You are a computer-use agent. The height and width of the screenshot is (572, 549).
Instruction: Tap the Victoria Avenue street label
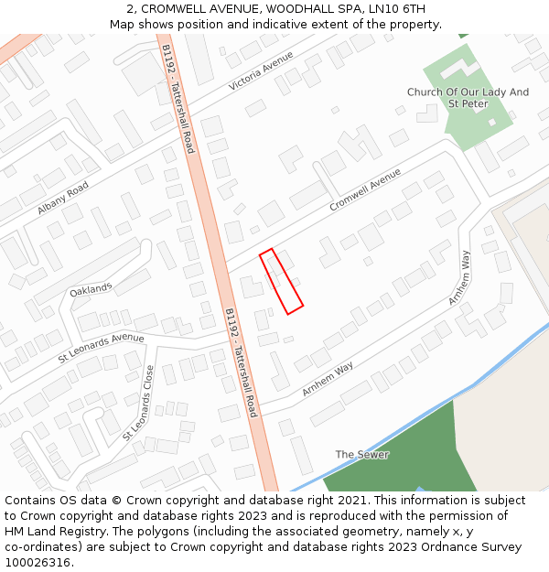pyautogui.click(x=262, y=70)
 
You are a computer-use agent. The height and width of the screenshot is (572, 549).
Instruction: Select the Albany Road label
pyautogui.click(x=63, y=199)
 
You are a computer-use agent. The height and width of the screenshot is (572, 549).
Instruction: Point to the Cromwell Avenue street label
pyautogui.click(x=365, y=190)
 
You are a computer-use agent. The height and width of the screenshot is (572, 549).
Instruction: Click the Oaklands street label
pyautogui.click(x=91, y=290)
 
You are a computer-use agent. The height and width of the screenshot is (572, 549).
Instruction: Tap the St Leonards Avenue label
pyautogui.click(x=102, y=349)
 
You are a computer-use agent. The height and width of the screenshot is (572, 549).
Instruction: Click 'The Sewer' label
pyautogui.click(x=361, y=455)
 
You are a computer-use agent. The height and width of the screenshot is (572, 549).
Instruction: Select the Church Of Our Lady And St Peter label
pyautogui.click(x=468, y=98)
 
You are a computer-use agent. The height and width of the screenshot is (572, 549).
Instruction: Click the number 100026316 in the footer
pyautogui.click(x=38, y=562)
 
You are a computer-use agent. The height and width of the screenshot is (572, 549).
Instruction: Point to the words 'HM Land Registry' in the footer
pyautogui.click(x=54, y=531)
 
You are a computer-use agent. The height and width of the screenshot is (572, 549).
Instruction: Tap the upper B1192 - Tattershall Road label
pyautogui.click(x=178, y=98)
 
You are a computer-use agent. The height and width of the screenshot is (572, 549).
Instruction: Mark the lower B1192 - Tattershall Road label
pyautogui.click(x=241, y=362)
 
